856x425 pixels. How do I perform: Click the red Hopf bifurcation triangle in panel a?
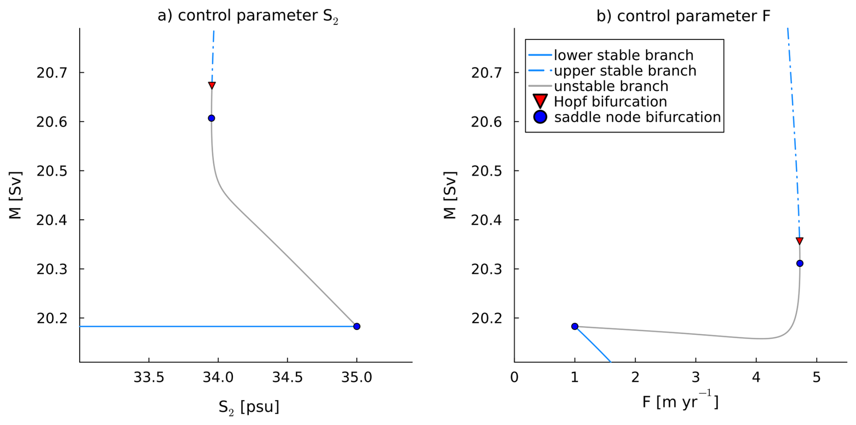(x=212, y=85)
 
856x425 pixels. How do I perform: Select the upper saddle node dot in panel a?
(x=211, y=118)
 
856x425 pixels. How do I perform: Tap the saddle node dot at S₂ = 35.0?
(x=357, y=326)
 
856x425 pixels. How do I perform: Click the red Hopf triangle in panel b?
(x=799, y=241)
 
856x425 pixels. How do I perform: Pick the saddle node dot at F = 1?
(x=575, y=326)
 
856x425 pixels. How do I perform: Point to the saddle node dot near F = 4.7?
(x=799, y=263)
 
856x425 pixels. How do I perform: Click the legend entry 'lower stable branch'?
(x=623, y=55)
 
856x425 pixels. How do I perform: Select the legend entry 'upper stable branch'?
(x=625, y=71)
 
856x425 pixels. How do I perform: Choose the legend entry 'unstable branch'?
(x=611, y=86)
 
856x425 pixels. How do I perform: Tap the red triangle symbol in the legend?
(x=540, y=101)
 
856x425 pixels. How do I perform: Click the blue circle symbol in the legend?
(x=540, y=117)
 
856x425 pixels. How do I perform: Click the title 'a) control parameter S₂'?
(x=248, y=16)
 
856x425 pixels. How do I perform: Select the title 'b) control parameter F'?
(x=683, y=16)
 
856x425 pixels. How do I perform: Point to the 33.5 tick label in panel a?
(x=149, y=377)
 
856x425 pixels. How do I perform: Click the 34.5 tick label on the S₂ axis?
(x=287, y=377)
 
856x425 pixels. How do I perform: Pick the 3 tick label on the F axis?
(x=695, y=377)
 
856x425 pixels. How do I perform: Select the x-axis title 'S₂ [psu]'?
(x=249, y=406)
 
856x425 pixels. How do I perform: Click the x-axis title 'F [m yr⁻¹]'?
(x=680, y=401)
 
